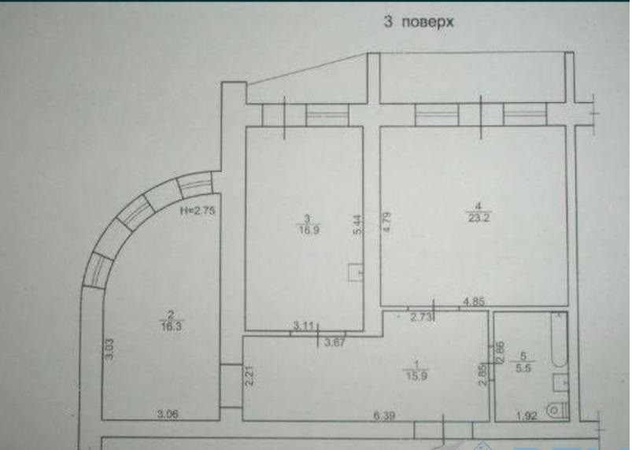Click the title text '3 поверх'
pos(418,23)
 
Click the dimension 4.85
pos(475,301)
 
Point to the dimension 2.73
pos(423,318)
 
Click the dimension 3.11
pos(304,325)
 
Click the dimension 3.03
pos(109,347)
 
